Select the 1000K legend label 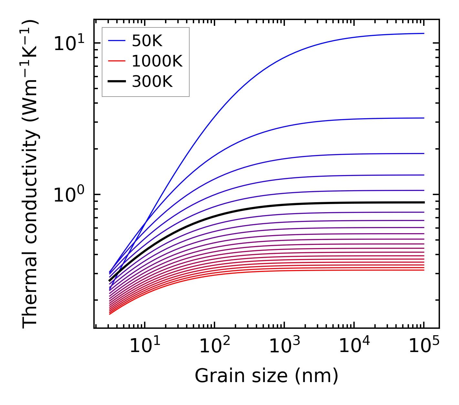pyautogui.click(x=157, y=61)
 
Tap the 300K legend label pyautogui.click(x=152, y=82)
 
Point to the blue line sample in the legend pyautogui.click(x=117, y=41)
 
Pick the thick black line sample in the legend pyautogui.click(x=117, y=82)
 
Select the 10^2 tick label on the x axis pyautogui.click(x=214, y=347)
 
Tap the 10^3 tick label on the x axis pyautogui.click(x=284, y=347)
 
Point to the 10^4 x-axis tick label pyautogui.click(x=354, y=347)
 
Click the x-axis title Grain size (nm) pyautogui.click(x=266, y=376)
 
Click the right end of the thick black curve pyautogui.click(x=423, y=202)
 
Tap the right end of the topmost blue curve pyautogui.click(x=423, y=33)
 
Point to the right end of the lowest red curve pyautogui.click(x=423, y=270)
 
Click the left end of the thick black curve pyautogui.click(x=110, y=281)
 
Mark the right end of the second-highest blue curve pyautogui.click(x=423, y=118)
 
